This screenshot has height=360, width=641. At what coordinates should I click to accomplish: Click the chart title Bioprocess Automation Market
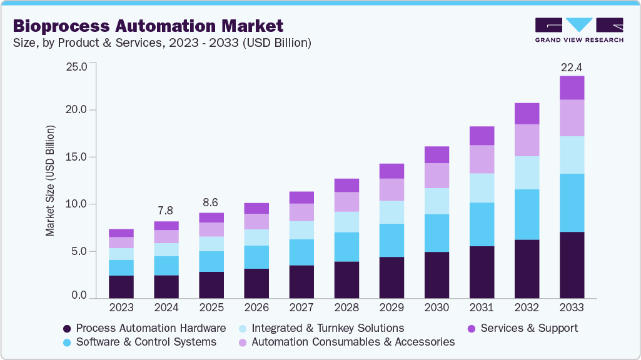(x=148, y=26)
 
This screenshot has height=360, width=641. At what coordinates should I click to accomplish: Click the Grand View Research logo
(x=578, y=29)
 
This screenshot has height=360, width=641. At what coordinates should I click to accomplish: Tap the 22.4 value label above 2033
(x=572, y=67)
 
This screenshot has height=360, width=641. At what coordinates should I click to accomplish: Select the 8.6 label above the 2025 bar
(x=211, y=203)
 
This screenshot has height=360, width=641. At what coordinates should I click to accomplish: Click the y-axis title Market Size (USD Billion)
(x=50, y=181)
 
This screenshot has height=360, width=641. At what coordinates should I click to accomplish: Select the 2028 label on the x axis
(x=346, y=307)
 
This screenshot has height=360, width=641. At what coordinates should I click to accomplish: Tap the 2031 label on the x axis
(x=482, y=307)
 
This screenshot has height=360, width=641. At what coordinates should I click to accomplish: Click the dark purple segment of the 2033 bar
(x=572, y=265)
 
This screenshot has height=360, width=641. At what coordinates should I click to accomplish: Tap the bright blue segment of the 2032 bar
(x=527, y=214)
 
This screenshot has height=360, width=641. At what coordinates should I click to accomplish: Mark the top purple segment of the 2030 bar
(x=437, y=154)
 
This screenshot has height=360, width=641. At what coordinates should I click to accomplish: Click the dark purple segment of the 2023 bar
(x=121, y=287)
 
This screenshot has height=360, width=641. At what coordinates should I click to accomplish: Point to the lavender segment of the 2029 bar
(x=391, y=189)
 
